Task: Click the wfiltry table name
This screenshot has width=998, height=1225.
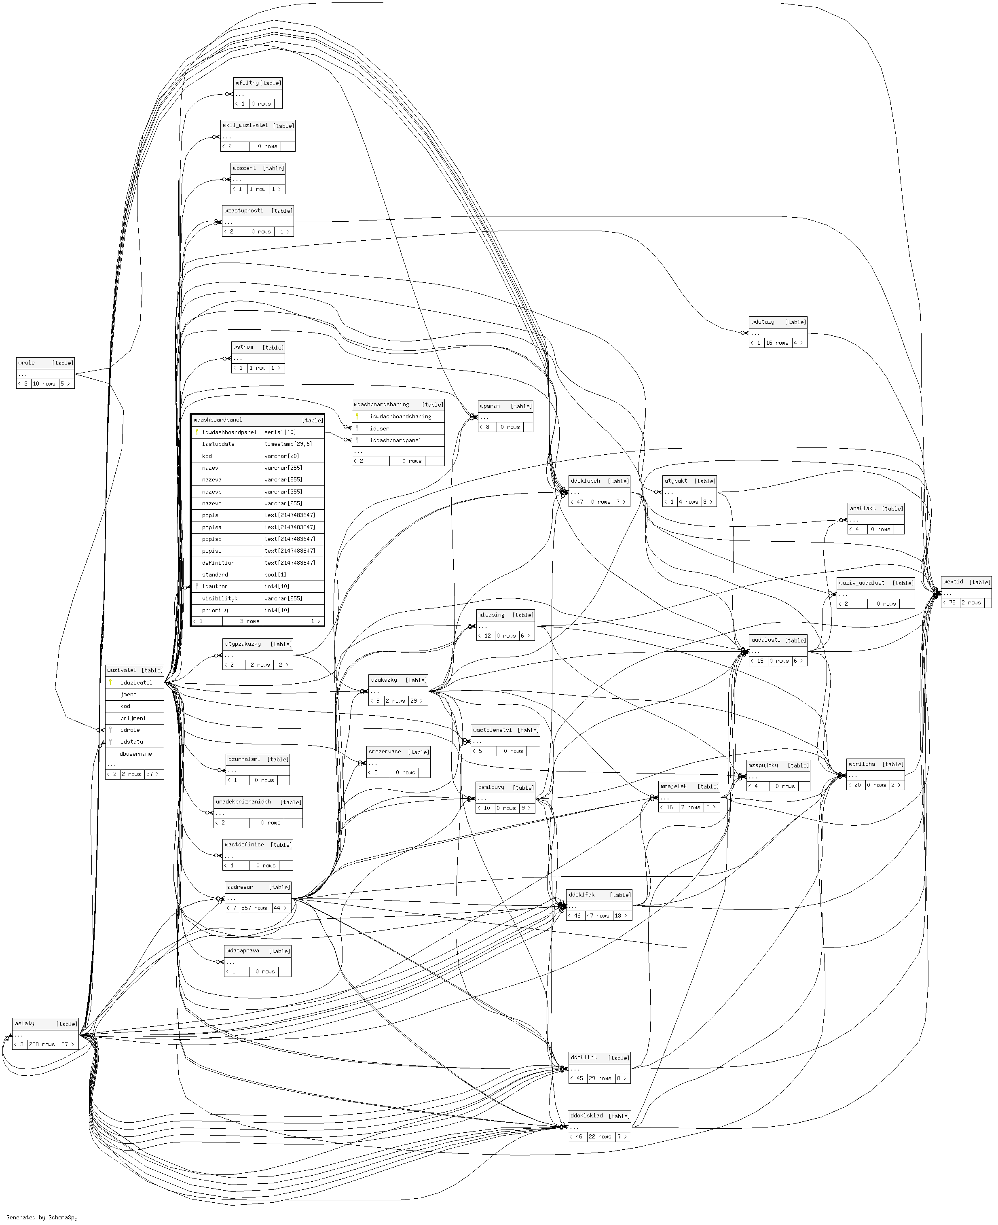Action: coord(247,83)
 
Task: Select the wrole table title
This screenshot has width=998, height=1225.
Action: coord(26,363)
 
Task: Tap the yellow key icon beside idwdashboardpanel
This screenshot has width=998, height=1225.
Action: coord(197,432)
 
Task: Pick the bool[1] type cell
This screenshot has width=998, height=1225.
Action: coord(275,574)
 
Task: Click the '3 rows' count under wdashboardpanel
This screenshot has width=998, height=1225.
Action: coord(250,621)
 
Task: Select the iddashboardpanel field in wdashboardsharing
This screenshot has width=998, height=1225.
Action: coord(395,441)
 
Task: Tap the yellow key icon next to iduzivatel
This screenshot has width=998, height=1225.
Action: coord(110,682)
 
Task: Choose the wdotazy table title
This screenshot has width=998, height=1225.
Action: coord(762,322)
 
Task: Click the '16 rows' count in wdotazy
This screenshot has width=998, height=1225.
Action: coord(777,343)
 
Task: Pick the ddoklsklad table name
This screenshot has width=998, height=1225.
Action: coord(586,1116)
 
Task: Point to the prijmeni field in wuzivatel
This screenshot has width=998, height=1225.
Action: coord(133,718)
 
